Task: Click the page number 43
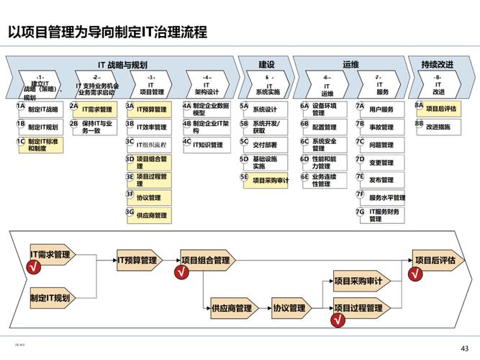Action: pyautogui.click(x=464, y=347)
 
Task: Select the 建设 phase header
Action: pyautogui.click(x=266, y=65)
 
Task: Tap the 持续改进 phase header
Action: pyautogui.click(x=437, y=65)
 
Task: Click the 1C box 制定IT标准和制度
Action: pyautogui.click(x=44, y=145)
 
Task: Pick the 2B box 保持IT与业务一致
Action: pyautogui.click(x=97, y=127)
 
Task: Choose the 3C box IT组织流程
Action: pyautogui.click(x=151, y=145)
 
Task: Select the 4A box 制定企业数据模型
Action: pyautogui.click(x=211, y=109)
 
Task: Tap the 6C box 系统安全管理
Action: pyautogui.click(x=325, y=145)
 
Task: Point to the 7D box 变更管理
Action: pyautogui.click(x=381, y=163)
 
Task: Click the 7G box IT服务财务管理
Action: pyautogui.click(x=385, y=215)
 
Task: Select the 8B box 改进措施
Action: pyautogui.click(x=438, y=127)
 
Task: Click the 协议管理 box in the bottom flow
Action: pyautogui.click(x=289, y=309)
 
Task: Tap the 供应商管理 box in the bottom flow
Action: pyautogui.click(x=232, y=309)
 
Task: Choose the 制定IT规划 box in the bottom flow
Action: pyautogui.click(x=50, y=297)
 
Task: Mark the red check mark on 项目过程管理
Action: pyautogui.click(x=338, y=321)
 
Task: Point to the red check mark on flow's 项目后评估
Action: pyautogui.click(x=414, y=274)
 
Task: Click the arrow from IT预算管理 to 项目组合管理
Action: pyautogui.click(x=171, y=260)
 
